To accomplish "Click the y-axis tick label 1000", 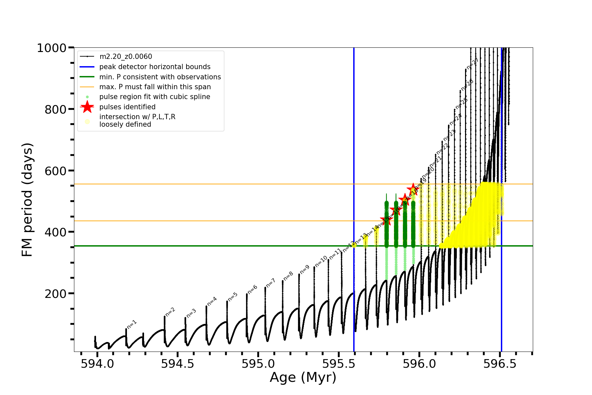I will [52, 48].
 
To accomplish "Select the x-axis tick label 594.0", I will [97, 364].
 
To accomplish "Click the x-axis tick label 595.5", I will [339, 364].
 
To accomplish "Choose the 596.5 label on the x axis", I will [500, 364].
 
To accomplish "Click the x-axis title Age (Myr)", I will [303, 378].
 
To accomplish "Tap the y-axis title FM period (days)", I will [27, 199].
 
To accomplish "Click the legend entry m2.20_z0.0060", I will [126, 57].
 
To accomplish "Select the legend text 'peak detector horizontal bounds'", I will [155, 67].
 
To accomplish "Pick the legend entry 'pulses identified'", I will [127, 107].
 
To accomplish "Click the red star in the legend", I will [87, 107].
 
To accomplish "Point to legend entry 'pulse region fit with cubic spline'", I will [155, 97].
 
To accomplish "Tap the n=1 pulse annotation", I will [132, 324].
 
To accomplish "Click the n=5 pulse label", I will [233, 296].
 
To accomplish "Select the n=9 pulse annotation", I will [305, 269].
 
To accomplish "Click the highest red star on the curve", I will [413, 190].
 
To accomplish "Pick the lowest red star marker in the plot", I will [386, 220].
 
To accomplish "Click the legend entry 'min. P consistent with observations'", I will [160, 77].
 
